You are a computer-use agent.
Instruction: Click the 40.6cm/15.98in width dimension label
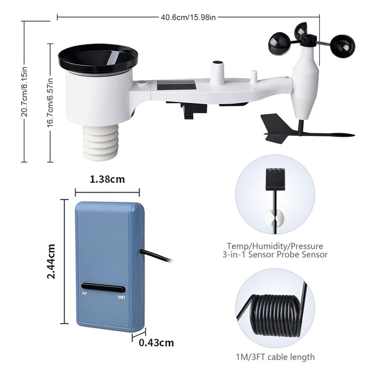[188, 17]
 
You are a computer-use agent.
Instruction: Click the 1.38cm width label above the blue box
[107, 180]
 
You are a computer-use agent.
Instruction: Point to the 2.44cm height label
[51, 261]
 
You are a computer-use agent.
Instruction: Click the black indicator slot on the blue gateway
[103, 287]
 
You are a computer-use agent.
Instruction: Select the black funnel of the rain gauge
[98, 58]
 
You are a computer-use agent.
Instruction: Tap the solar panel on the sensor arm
[176, 85]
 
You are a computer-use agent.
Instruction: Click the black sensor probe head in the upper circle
[274, 178]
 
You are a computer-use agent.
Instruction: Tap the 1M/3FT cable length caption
[274, 357]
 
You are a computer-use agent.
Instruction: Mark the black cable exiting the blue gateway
[157, 257]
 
